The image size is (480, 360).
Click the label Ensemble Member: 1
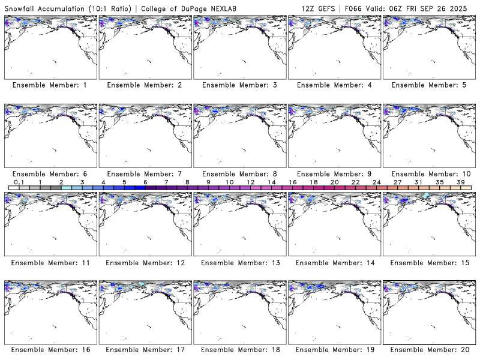50,85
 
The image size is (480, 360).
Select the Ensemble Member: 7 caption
145,173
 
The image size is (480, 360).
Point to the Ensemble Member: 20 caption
429,350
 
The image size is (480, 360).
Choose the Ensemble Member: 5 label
429,85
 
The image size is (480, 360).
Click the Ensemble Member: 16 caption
50,350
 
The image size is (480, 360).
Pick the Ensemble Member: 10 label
429,173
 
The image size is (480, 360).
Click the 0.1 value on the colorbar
19,182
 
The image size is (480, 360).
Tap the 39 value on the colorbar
460,182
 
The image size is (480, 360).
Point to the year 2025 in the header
464,7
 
